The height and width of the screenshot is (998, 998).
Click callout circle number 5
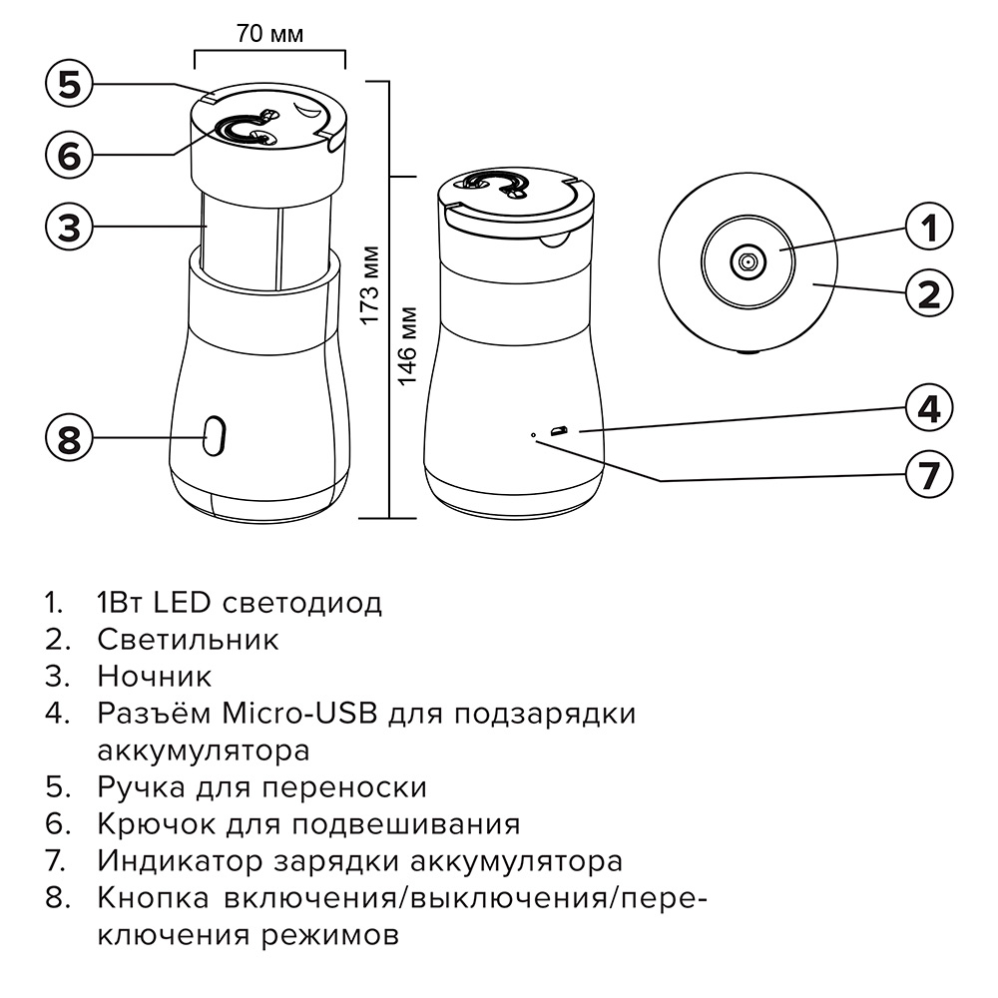(x=69, y=84)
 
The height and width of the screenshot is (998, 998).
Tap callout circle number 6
(x=69, y=156)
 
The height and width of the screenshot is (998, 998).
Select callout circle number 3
(x=69, y=227)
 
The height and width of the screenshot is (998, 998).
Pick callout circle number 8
(x=69, y=438)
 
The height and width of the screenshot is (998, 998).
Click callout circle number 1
(x=928, y=229)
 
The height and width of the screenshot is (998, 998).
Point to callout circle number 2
(x=928, y=293)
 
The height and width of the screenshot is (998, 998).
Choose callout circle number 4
(x=928, y=410)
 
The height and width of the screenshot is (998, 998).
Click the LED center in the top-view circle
(x=746, y=261)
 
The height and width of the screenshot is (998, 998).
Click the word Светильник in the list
(x=188, y=639)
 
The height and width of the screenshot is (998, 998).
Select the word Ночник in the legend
(x=155, y=676)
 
